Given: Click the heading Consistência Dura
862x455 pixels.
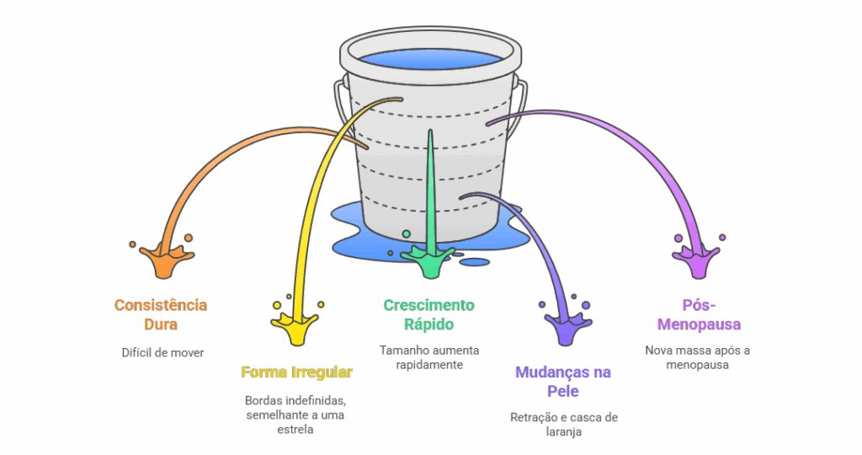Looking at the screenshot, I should coord(161,313).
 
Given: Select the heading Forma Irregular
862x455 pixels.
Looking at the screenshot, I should coord(296,372).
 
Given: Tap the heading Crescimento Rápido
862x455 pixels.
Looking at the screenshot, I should coord(428,313).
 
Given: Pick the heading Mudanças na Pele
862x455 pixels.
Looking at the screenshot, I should coord(562,381).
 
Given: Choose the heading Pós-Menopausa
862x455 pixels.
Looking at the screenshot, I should coord(700,313).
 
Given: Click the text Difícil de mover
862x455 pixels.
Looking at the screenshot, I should coord(162,352).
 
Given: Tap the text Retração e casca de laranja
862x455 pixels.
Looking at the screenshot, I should coord(563,425).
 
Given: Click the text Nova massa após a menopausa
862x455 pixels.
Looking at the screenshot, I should coord(698,357).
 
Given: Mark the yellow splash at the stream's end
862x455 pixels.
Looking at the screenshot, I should coord(296,326).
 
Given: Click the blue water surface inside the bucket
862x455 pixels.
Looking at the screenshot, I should coord(429,59).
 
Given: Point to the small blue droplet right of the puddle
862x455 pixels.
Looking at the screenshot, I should coord(475,262).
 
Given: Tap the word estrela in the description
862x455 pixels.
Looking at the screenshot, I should coord(295,430).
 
